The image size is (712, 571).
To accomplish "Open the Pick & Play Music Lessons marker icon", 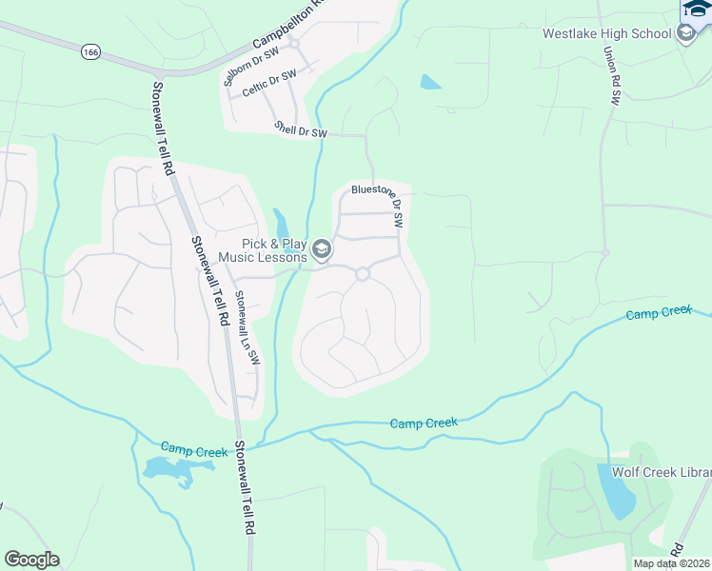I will [x=322, y=250].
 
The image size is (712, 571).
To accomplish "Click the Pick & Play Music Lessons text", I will [x=263, y=250].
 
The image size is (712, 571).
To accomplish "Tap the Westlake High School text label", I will [x=606, y=33].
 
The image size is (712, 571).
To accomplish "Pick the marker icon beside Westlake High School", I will [x=685, y=33].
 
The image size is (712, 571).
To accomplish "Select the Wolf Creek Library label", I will [x=663, y=473].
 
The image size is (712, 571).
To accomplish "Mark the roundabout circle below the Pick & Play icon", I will [x=362, y=274].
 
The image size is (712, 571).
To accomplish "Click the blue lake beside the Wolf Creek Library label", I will [x=618, y=492].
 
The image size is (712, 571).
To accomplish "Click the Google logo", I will [x=31, y=560].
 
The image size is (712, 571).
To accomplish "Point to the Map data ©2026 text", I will [x=670, y=563].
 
